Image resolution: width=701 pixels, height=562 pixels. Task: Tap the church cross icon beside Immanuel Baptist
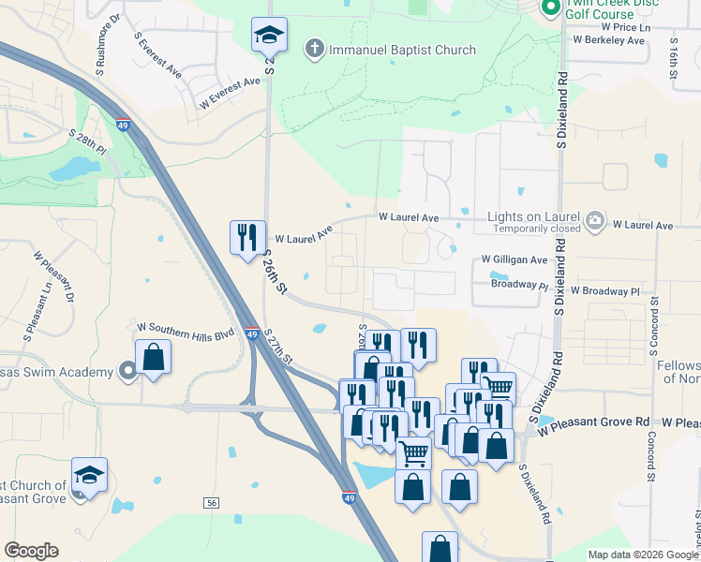pyautogui.click(x=314, y=49)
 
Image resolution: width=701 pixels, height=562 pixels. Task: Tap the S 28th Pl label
pyautogui.click(x=88, y=146)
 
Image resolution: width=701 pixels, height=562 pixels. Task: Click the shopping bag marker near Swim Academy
pyautogui.click(x=153, y=358)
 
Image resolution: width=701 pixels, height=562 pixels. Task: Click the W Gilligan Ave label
pyautogui.click(x=515, y=259)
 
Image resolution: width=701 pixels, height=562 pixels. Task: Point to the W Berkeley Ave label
pyautogui.click(x=608, y=41)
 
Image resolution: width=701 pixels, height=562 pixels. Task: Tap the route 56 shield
pyautogui.click(x=213, y=503)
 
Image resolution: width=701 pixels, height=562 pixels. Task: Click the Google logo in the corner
pyautogui.click(x=31, y=551)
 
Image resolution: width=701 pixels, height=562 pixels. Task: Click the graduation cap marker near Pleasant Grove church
pyautogui.click(x=89, y=475)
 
